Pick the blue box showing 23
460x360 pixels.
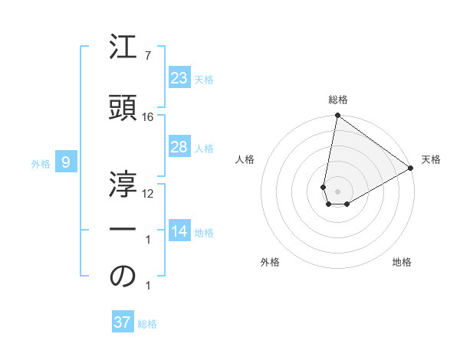click(x=179, y=78)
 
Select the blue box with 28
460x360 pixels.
click(x=179, y=147)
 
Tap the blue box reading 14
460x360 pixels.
click(x=179, y=231)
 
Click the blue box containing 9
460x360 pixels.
click(x=66, y=162)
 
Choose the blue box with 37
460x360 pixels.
click(x=122, y=322)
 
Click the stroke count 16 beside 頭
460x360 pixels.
click(x=148, y=116)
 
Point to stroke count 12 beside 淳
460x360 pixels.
click(x=148, y=193)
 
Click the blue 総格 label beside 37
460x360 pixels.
click(x=147, y=324)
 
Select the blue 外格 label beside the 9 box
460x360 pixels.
click(x=40, y=163)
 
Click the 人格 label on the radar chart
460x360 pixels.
click(x=245, y=159)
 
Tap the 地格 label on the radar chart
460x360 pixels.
click(x=402, y=262)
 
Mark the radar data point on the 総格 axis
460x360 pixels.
click(x=337, y=116)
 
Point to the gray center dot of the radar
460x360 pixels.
click(x=337, y=190)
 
